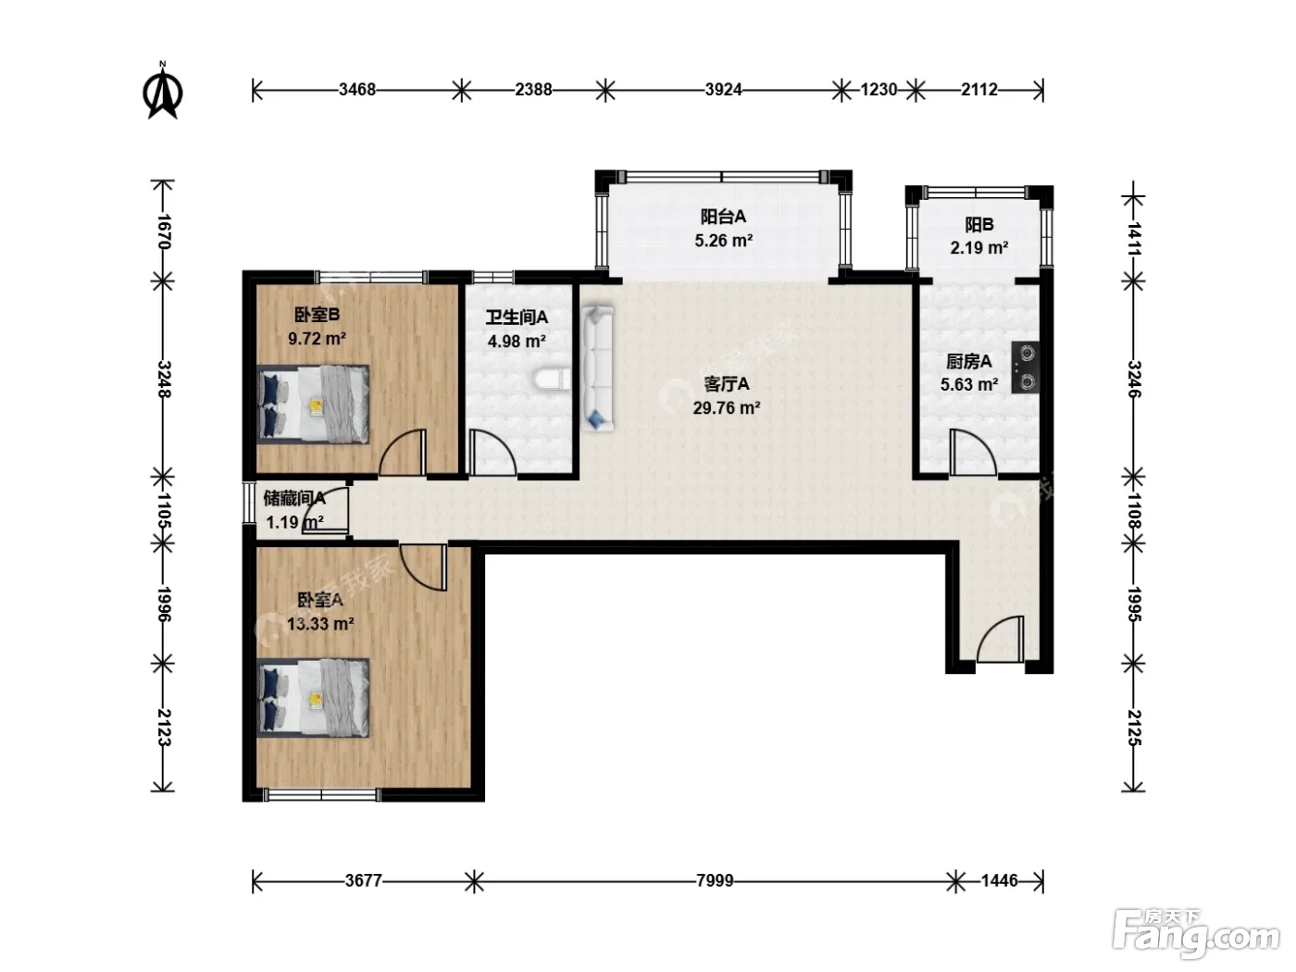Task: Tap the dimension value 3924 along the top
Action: pos(723,90)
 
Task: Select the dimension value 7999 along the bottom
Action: pos(715,881)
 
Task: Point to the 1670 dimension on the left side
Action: pos(164,231)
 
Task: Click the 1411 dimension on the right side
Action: pos(1134,239)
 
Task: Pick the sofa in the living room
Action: pos(597,368)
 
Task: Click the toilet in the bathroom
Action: pos(552,380)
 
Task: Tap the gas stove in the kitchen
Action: pos(1026,368)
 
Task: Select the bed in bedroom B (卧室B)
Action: pos(313,404)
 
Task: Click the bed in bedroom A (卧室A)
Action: pos(313,698)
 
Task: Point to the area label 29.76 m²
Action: pos(727,408)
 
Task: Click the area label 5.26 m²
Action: pos(723,241)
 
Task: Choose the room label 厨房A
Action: pos(968,361)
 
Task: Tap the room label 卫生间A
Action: pos(517,318)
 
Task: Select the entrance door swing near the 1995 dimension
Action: pos(1000,639)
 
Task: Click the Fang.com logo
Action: pos(1196,935)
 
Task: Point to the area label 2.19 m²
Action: pos(978,248)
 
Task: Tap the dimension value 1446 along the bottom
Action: pos(999,881)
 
